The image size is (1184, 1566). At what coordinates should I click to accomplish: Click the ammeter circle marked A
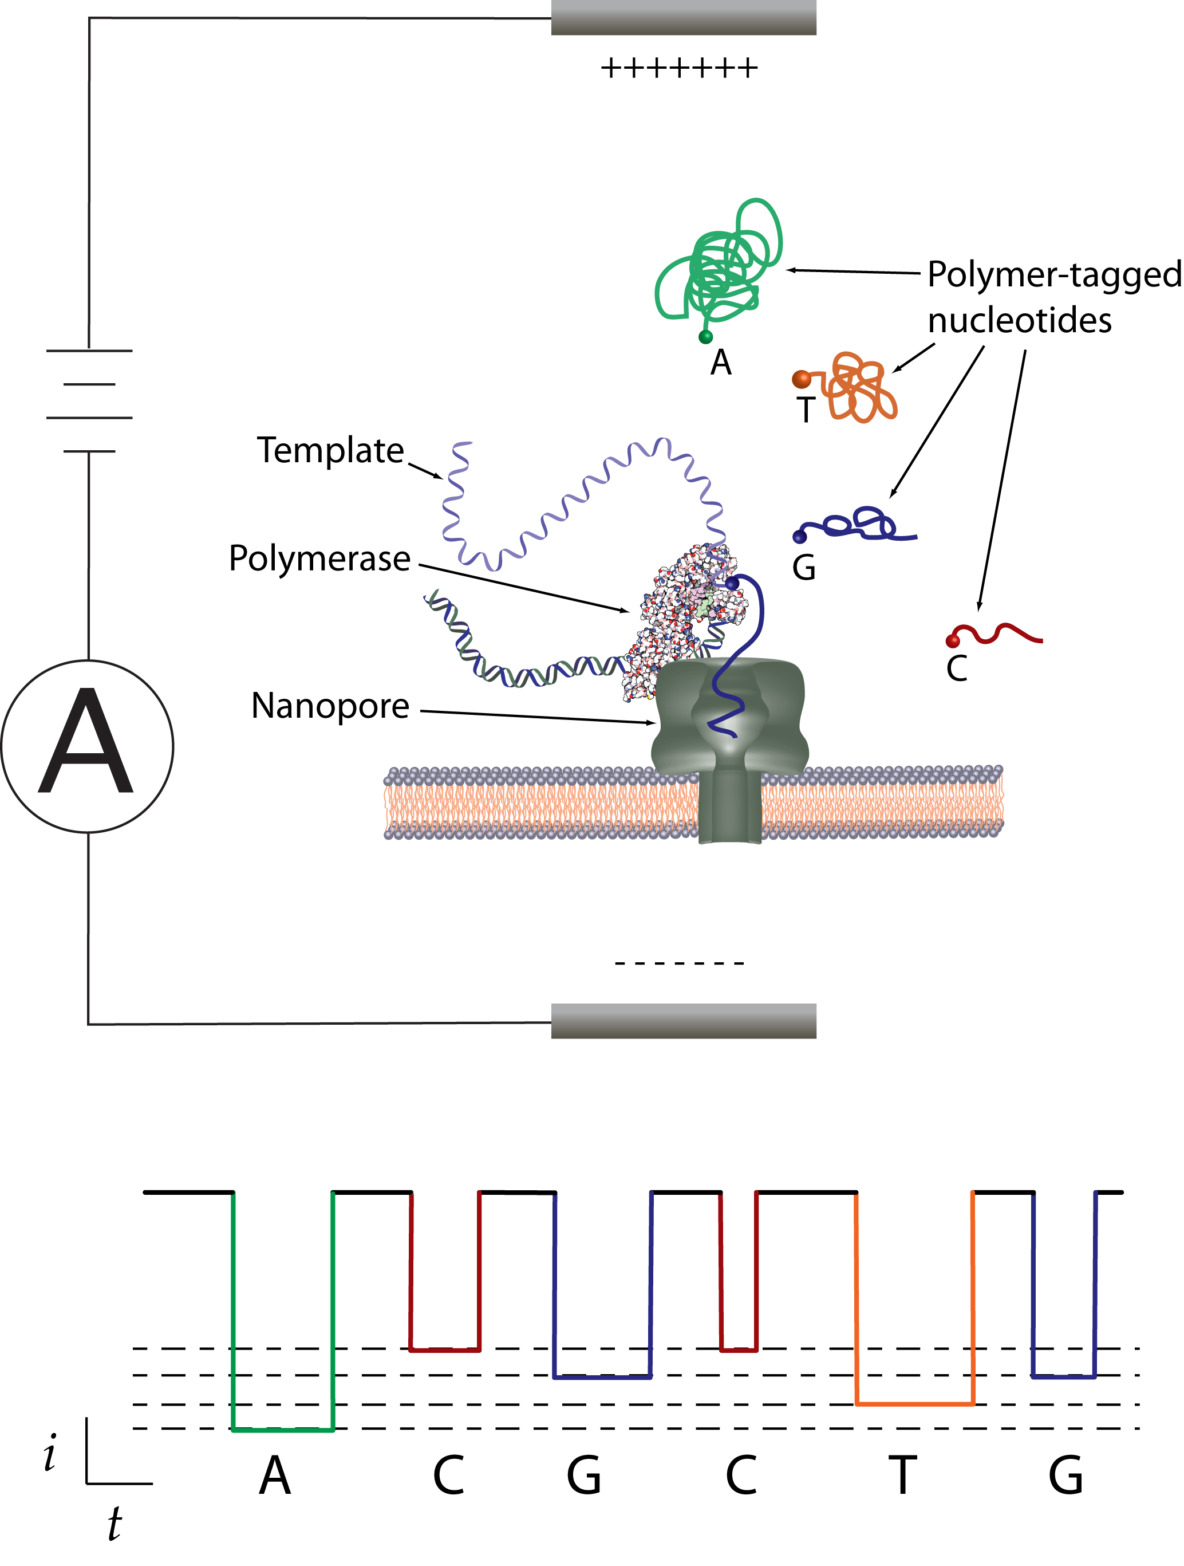(x=88, y=746)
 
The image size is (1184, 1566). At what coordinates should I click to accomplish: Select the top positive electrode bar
(x=684, y=17)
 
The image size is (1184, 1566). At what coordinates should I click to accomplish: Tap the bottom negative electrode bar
(x=684, y=1021)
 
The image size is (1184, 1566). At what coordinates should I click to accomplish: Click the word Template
(x=330, y=450)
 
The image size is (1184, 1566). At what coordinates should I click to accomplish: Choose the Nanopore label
(x=330, y=706)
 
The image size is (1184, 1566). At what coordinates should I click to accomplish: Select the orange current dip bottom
(x=915, y=1403)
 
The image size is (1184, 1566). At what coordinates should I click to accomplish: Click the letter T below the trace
(x=902, y=1476)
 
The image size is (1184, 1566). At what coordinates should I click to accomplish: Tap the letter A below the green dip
(x=275, y=1476)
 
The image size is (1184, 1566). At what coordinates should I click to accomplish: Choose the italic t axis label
(x=114, y=1524)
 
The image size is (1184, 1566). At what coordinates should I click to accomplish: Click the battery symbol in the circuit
(x=89, y=401)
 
